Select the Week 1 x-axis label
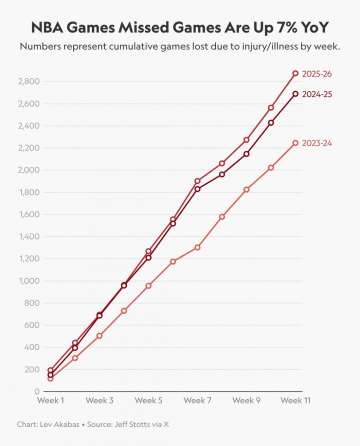(x=50, y=401)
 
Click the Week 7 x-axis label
(x=197, y=401)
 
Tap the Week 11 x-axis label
(x=295, y=401)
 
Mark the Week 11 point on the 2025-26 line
(x=295, y=73)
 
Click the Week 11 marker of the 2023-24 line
(x=295, y=143)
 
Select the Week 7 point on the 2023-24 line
(x=197, y=247)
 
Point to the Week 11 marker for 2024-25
(x=295, y=93)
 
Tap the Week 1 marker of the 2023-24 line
(x=50, y=378)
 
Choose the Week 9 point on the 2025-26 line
(x=246, y=139)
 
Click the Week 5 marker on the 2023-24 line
(x=148, y=285)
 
